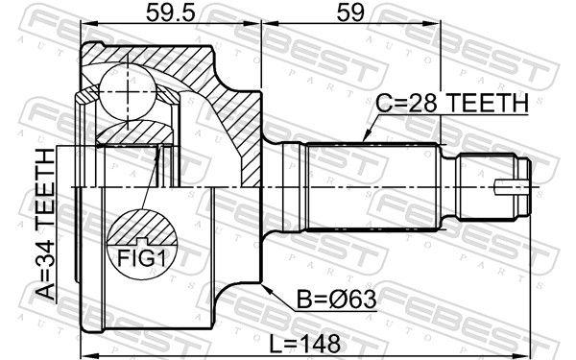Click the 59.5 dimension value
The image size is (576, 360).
pyautogui.click(x=170, y=12)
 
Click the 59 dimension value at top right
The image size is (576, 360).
pyautogui.click(x=350, y=12)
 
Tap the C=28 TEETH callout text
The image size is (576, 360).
pyautogui.click(x=452, y=103)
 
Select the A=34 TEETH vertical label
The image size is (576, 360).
pyautogui.click(x=46, y=224)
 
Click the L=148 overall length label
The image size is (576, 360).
pyautogui.click(x=305, y=345)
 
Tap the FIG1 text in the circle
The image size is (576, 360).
pyautogui.click(x=142, y=258)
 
